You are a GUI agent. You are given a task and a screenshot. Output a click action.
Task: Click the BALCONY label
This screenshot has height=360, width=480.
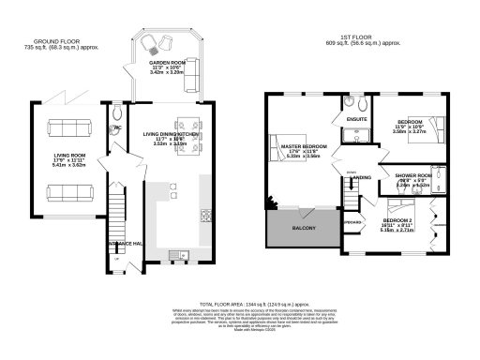pyautogui.click(x=303, y=229)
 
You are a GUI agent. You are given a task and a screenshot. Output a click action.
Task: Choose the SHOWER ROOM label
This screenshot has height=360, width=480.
pyautogui.click(x=412, y=175)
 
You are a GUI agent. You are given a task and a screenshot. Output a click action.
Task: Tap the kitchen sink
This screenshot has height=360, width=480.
pyautogui.click(x=176, y=254)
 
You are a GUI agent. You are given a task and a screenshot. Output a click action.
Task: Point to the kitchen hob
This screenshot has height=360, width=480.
pyautogui.click(x=205, y=217)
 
